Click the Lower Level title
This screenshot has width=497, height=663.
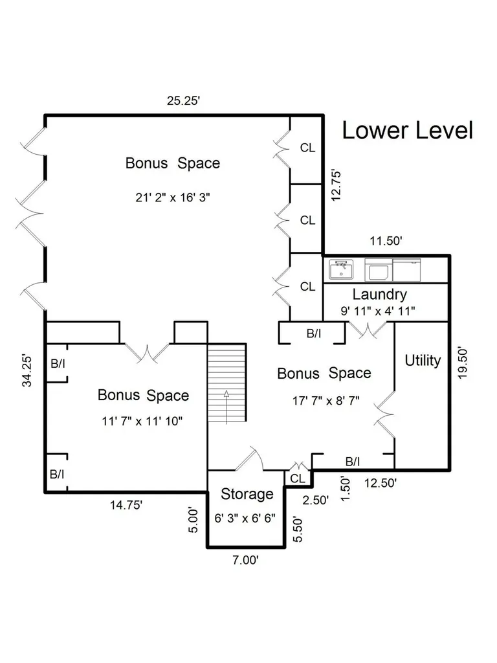tap(407, 130)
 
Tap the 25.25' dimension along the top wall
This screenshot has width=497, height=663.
tap(183, 100)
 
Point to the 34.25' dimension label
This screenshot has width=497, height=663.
tap(27, 371)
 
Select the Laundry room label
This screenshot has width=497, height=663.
tap(379, 294)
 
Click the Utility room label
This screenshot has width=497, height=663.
tap(423, 360)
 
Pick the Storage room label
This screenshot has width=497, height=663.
tap(247, 494)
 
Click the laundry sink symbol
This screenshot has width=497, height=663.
tap(341, 269)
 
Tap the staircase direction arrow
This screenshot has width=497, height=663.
tap(226, 407)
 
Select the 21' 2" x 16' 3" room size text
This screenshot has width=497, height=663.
tap(173, 197)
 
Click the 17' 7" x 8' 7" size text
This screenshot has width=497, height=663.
tap(326, 400)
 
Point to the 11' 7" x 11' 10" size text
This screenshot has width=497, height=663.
tap(142, 421)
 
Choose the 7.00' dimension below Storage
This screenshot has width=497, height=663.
tap(245, 560)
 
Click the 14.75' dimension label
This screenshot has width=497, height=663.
tap(126, 505)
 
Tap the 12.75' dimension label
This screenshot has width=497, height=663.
tap(336, 186)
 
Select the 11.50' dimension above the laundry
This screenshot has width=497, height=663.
tap(386, 241)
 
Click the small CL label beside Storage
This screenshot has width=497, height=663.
tap(298, 478)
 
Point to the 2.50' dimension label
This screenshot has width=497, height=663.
tap(315, 500)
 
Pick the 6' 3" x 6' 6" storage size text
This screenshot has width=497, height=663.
tap(245, 518)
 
